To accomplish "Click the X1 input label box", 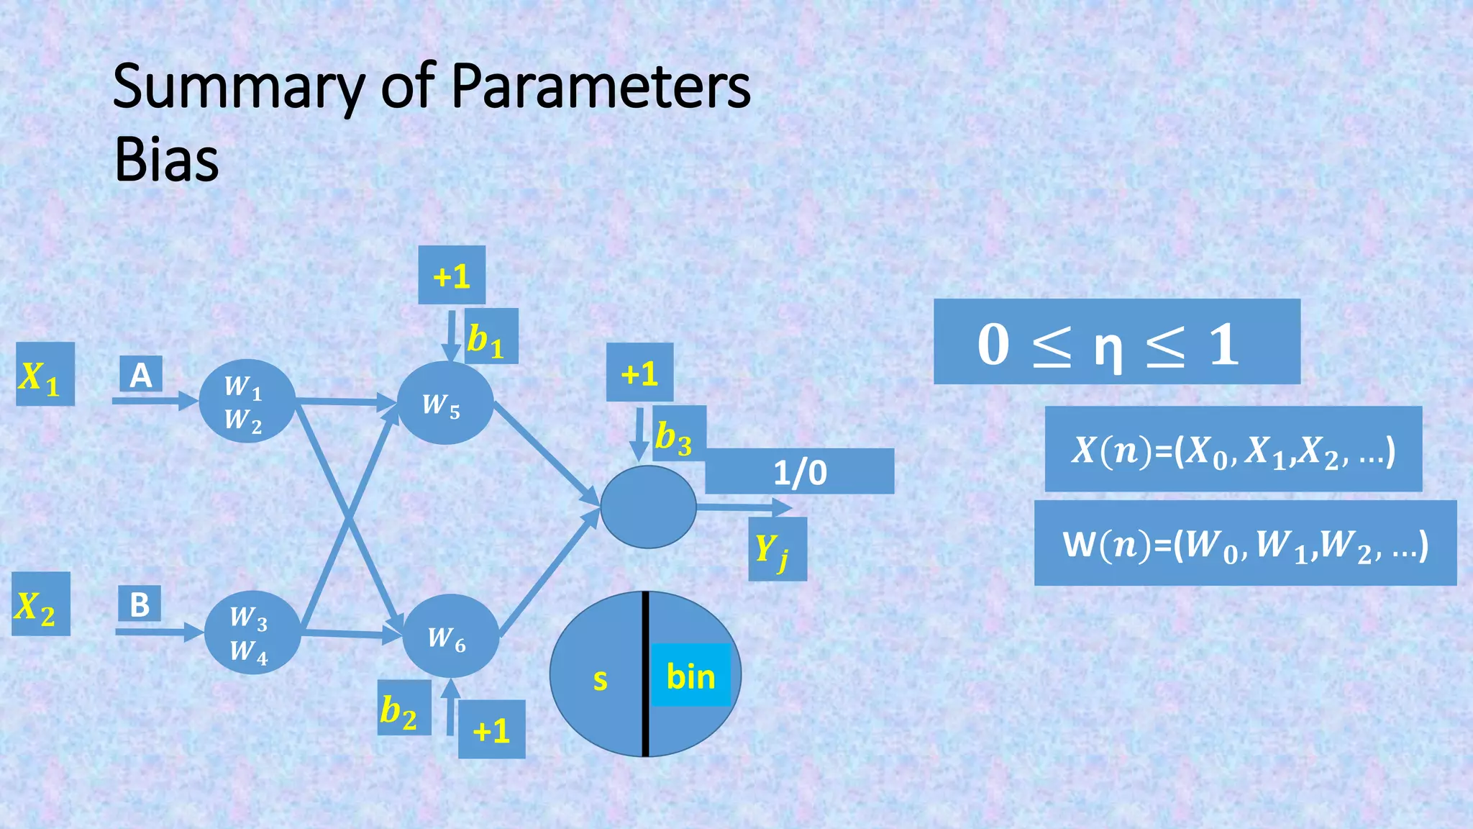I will [45, 374].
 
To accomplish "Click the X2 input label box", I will [40, 604].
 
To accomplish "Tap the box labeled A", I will [141, 375].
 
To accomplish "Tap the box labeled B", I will [140, 604].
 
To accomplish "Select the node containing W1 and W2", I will [247, 401].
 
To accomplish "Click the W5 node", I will [444, 404].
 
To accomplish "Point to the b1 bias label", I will [491, 337].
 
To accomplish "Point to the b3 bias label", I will [678, 434].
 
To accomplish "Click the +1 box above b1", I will [452, 275].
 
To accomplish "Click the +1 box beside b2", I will [491, 729].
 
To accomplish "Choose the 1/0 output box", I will [799, 471].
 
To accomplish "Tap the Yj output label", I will [777, 549].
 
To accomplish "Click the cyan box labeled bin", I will [690, 675].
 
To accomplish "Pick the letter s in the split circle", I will [600, 679].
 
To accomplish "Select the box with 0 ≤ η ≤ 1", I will [1116, 342].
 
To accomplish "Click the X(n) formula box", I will [1233, 449].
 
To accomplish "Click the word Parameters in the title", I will [601, 86].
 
